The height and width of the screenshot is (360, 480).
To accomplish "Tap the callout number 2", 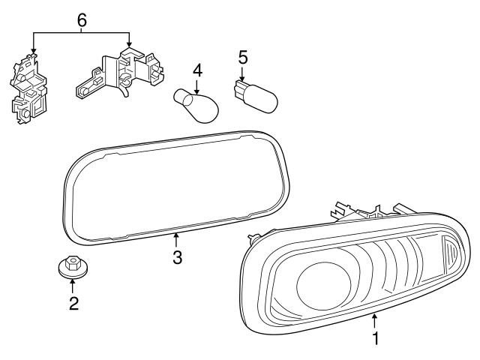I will (73, 304).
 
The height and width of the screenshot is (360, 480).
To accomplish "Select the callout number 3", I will (176, 256).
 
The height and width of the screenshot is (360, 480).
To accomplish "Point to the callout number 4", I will (197, 70).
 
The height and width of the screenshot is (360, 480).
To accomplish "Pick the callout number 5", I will (242, 57).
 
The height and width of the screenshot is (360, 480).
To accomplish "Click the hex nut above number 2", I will (72, 267).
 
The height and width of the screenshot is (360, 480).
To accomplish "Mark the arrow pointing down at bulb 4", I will (196, 85).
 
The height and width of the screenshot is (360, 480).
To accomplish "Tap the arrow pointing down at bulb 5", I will (242, 73).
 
